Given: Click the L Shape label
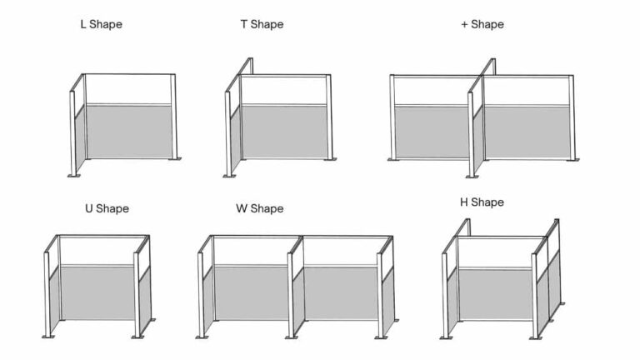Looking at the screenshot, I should (101, 24).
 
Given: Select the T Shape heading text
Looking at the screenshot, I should (262, 24).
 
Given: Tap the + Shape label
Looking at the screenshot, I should (482, 24).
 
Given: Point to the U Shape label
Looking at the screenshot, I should (107, 208).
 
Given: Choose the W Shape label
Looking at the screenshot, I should (260, 208).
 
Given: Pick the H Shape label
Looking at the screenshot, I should (482, 202).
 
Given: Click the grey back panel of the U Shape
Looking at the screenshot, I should (97, 292).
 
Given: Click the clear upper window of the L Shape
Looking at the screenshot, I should (129, 89).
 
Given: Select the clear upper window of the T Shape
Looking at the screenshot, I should (283, 90).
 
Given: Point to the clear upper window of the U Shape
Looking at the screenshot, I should (97, 250).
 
